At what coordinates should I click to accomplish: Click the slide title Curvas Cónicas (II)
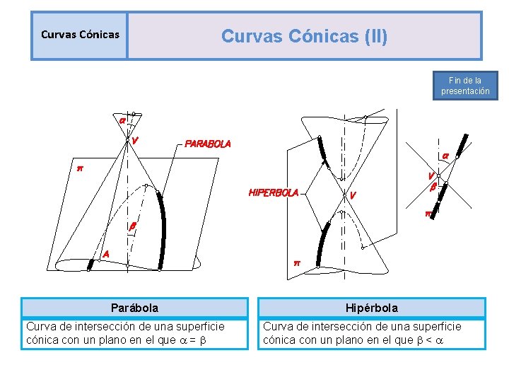[304, 35]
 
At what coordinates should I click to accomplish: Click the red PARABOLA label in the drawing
[208, 144]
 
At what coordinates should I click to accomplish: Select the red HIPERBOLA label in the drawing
[273, 192]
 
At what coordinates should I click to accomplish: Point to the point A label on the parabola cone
[106, 253]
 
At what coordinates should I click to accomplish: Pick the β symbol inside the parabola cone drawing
[133, 226]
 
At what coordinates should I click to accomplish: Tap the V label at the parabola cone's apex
[134, 140]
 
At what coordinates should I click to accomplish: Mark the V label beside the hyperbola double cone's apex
[353, 195]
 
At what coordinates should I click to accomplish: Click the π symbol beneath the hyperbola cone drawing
[297, 263]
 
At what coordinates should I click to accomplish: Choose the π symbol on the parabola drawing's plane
[80, 168]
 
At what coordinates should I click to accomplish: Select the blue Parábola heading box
[134, 308]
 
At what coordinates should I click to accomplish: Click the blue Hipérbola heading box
[372, 308]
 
